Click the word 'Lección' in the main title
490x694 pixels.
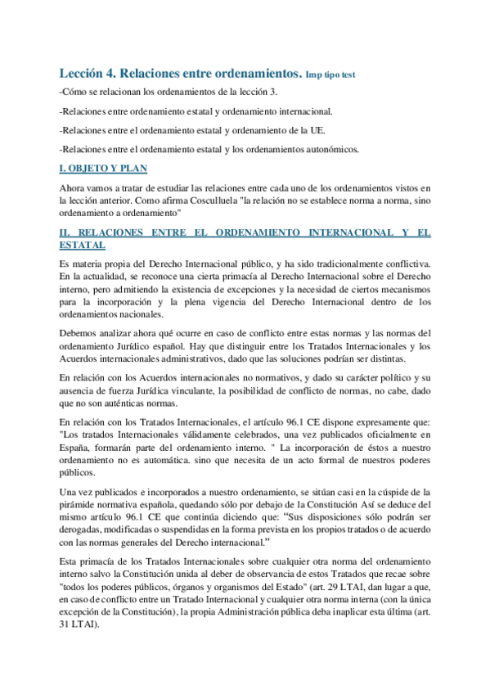click(88, 73)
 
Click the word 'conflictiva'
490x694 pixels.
click(403, 264)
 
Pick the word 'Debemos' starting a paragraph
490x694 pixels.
click(80, 335)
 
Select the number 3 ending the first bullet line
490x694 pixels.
click(299, 92)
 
